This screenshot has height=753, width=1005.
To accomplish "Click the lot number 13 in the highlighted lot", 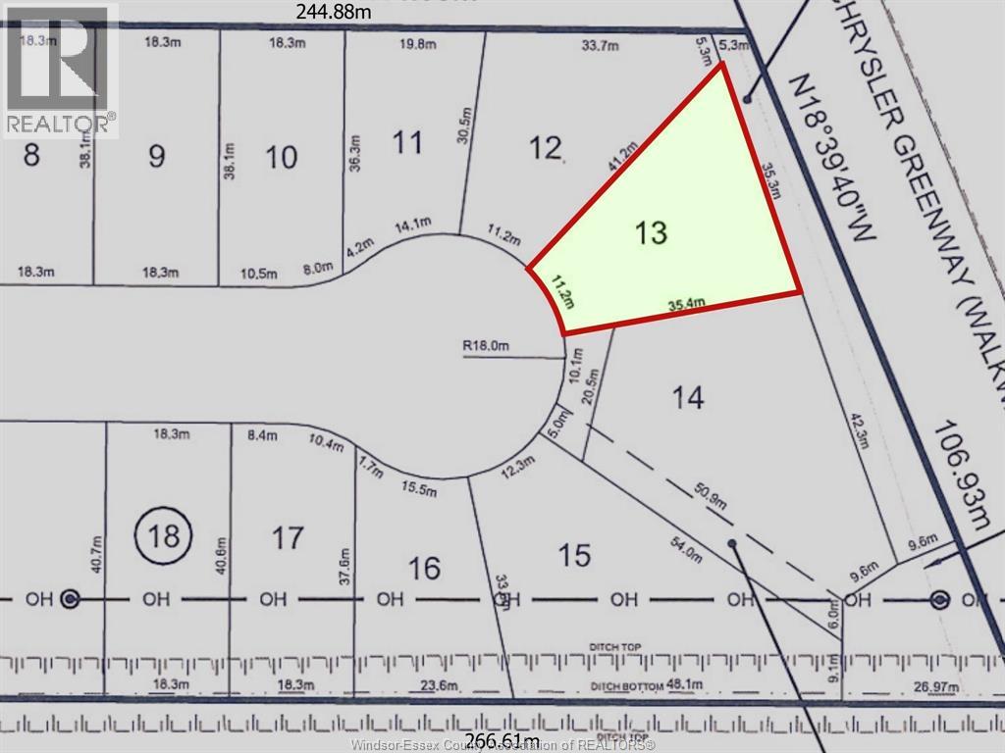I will [x=651, y=233].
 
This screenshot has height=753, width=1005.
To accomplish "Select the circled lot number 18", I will [x=166, y=535].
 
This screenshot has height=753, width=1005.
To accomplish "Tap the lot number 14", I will [x=688, y=397].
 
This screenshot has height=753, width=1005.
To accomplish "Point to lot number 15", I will [x=574, y=556].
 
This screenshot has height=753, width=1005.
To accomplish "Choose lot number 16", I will [x=424, y=568].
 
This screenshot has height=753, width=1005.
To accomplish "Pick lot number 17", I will [x=287, y=537].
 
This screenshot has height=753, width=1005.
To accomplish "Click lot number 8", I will [x=31, y=155].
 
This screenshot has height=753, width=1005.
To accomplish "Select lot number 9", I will [x=156, y=156].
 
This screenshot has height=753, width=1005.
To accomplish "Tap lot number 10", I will [x=282, y=157].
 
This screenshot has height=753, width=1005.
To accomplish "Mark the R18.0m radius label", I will [x=488, y=345].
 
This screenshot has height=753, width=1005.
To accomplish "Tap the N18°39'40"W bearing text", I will [x=839, y=167].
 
